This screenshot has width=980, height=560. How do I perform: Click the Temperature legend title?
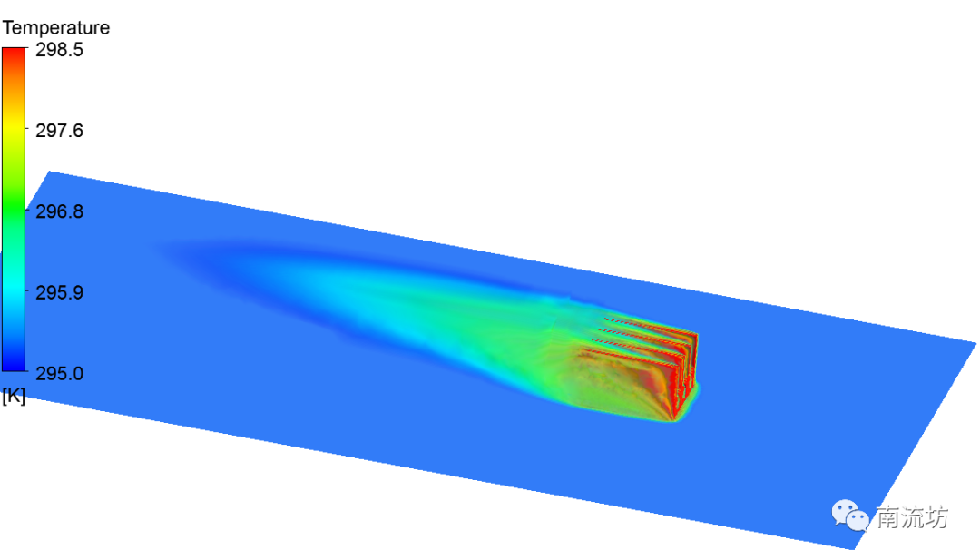[x=55, y=28]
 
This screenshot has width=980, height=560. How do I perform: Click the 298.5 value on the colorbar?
[x=59, y=50]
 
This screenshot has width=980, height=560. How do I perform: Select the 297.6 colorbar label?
[x=59, y=131]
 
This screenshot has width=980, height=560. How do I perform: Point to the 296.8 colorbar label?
[x=59, y=211]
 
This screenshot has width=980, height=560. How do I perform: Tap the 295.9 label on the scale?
[x=59, y=292]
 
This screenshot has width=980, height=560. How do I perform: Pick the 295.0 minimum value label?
[x=59, y=374]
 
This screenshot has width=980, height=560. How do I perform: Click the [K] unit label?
[x=14, y=397]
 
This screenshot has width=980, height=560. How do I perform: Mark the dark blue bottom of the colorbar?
[x=14, y=364]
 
